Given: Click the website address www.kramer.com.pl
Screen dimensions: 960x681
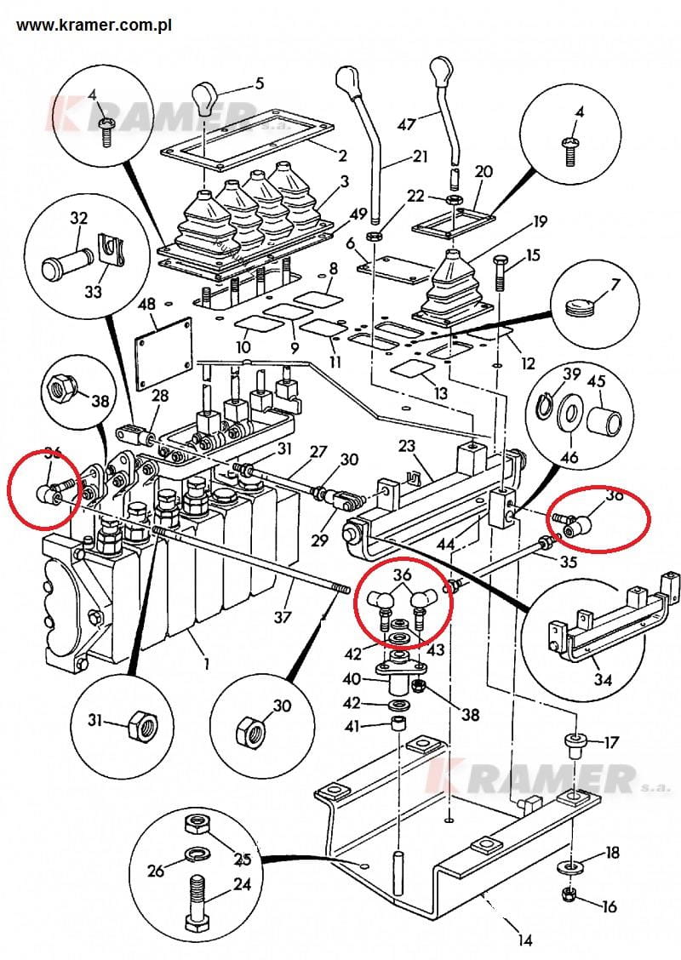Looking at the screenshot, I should pyautogui.click(x=94, y=26).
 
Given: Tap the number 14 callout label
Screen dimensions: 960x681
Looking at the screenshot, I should pyautogui.click(x=524, y=940).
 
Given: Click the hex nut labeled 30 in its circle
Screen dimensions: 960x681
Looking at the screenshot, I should pyautogui.click(x=252, y=730).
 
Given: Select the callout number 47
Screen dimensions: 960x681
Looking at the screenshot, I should pyautogui.click(x=407, y=123).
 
